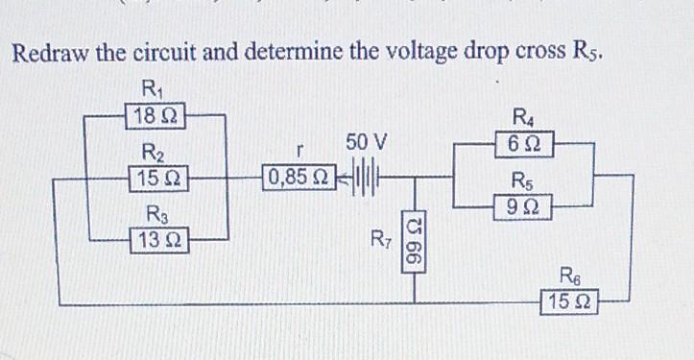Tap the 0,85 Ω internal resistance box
[x=299, y=178]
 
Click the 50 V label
[x=367, y=144]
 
